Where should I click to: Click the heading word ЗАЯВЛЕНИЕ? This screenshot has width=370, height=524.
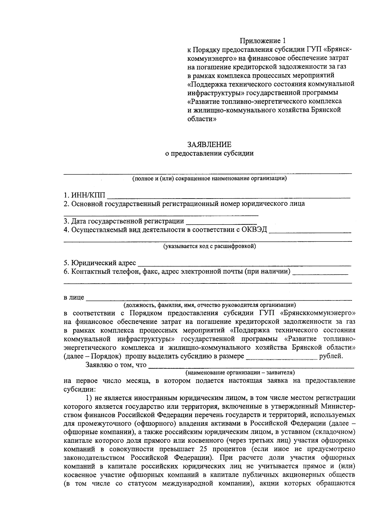[209, 145]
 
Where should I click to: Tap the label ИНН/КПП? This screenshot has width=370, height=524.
[88, 195]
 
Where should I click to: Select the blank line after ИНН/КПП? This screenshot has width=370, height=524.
[230, 196]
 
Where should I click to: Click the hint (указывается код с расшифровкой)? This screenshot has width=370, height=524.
[209, 246]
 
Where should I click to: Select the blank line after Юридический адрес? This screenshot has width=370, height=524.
[244, 264]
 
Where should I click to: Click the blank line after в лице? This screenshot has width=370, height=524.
[219, 298]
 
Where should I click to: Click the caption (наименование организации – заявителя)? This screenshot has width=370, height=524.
[240, 372]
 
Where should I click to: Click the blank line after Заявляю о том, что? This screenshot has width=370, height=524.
[251, 366]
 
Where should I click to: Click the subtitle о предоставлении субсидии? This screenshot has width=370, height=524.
[209, 153]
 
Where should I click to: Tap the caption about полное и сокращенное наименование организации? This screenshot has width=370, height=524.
[209, 178]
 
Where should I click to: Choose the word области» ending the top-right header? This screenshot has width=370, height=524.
[202, 119]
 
